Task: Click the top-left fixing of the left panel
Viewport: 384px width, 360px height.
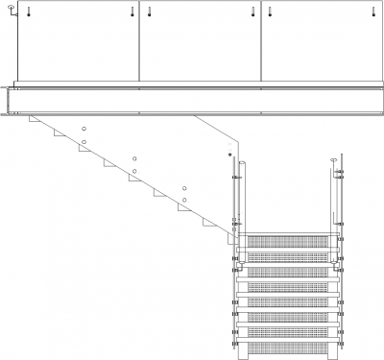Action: coord(28,12)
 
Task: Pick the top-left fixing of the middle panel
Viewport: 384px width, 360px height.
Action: coord(149,12)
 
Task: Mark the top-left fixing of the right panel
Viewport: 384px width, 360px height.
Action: coord(271,12)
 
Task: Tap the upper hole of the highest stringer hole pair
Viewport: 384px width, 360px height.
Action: coord(84,129)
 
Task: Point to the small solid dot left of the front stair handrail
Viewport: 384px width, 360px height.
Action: coord(229,155)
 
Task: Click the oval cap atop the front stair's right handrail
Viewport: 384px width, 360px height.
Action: coord(334,158)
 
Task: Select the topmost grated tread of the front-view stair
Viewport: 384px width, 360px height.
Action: coord(289,240)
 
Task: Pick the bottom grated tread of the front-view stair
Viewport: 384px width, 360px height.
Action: coord(289,347)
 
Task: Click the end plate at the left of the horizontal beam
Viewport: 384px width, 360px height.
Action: coord(6,99)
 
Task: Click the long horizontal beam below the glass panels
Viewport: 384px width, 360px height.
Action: coord(192,99)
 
